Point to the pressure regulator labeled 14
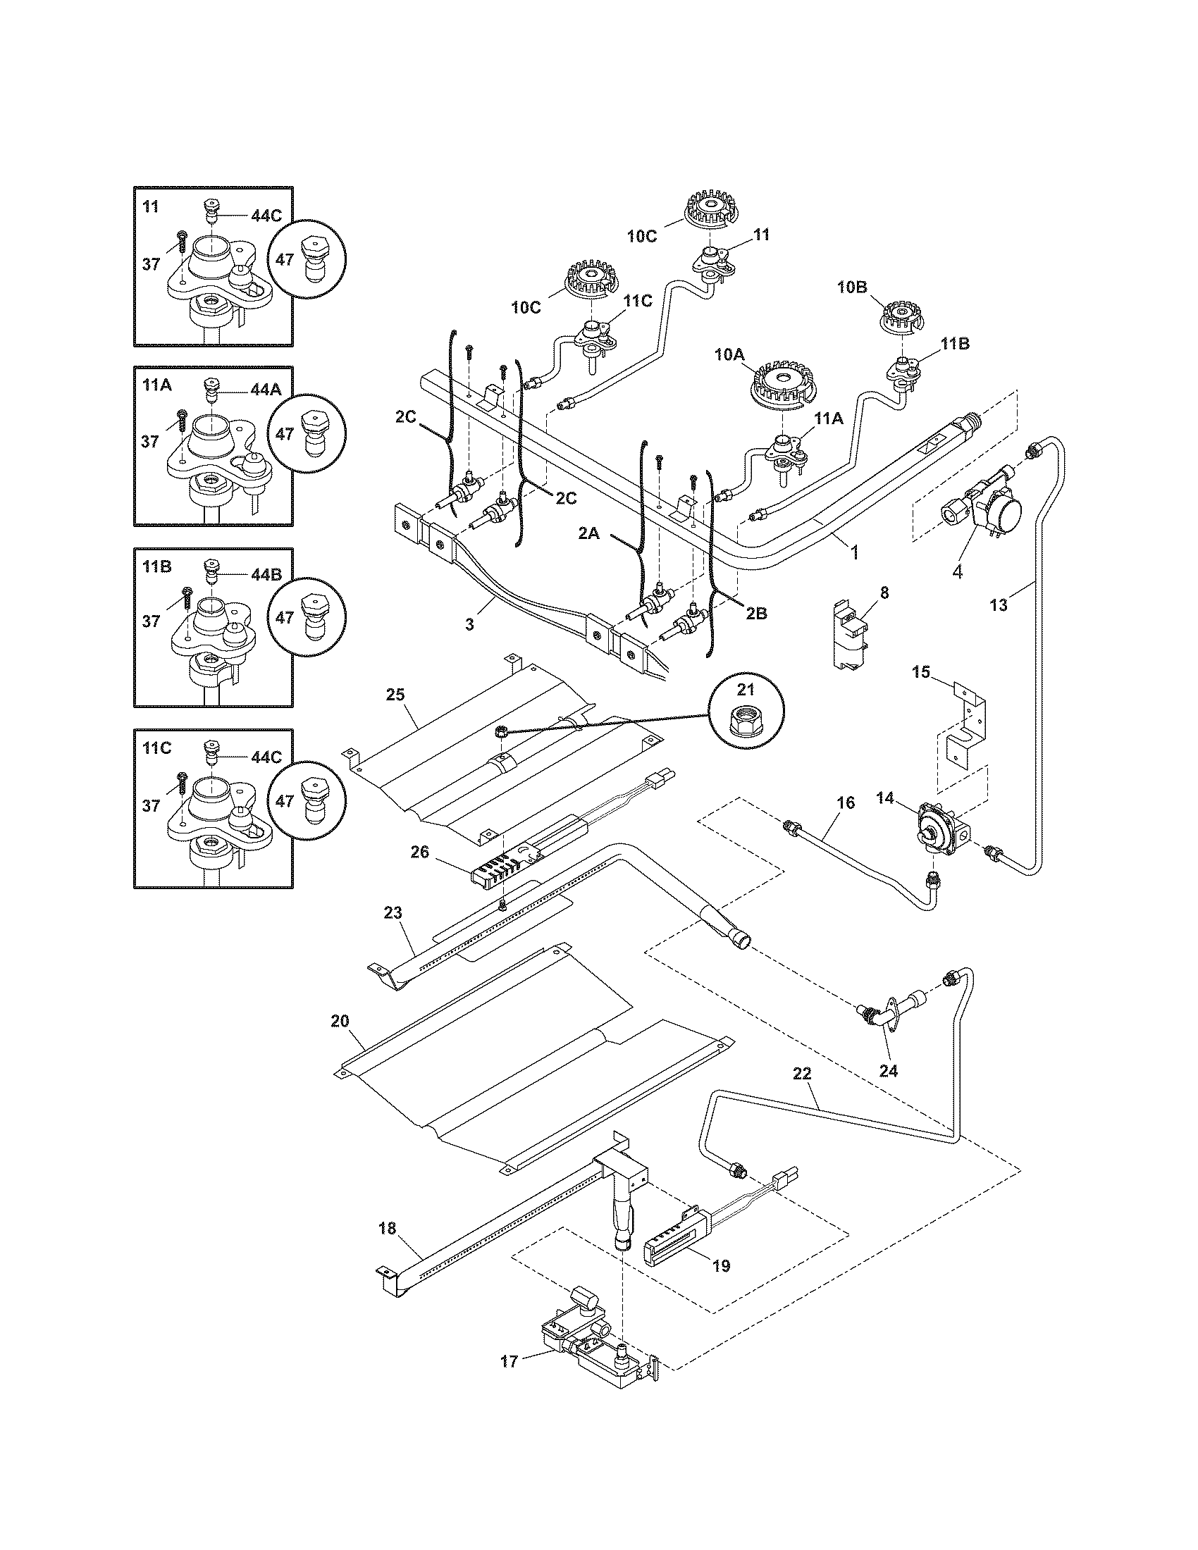tap(937, 826)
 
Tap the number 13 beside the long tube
tap(997, 605)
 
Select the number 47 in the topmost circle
tap(285, 260)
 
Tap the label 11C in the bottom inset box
tap(157, 749)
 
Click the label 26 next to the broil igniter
tap(420, 851)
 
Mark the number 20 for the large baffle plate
tap(340, 1021)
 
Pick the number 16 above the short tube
tap(846, 802)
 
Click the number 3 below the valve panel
tap(469, 624)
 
